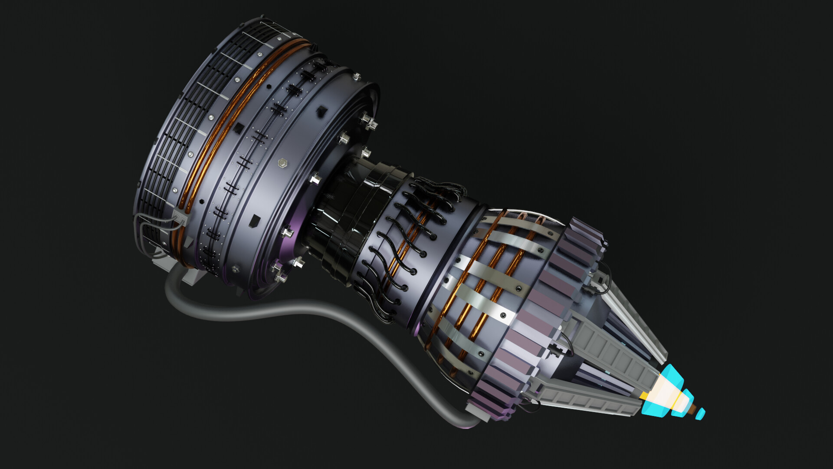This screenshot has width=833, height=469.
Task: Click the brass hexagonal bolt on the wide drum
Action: (x=283, y=163)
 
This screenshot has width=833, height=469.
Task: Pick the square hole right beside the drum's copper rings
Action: (x=239, y=128)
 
